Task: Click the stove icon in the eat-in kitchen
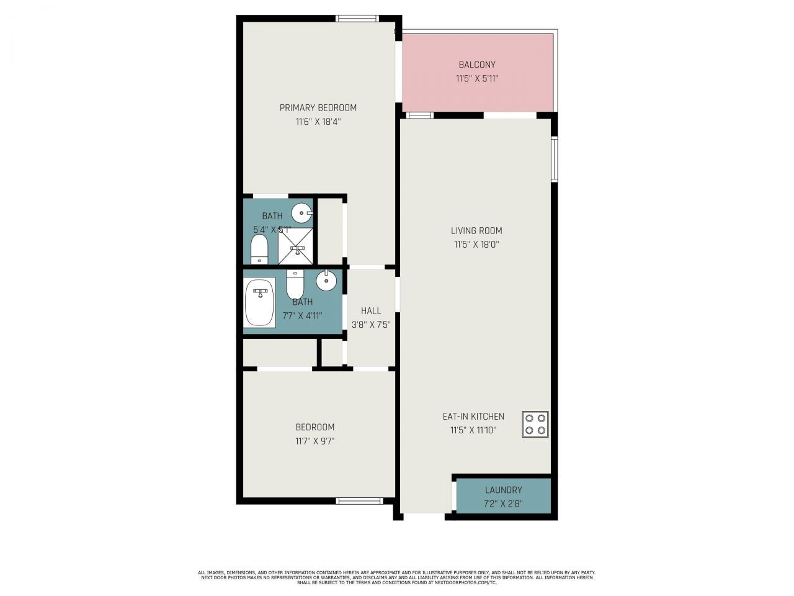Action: (535, 425)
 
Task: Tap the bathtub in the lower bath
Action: (260, 302)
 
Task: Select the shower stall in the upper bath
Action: (296, 246)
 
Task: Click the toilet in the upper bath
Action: (259, 249)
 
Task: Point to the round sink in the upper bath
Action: (301, 212)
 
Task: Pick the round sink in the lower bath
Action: (326, 281)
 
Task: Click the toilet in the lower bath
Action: (295, 285)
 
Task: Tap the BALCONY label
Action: (477, 65)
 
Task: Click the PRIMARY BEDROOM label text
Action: (318, 108)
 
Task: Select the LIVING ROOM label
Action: (476, 231)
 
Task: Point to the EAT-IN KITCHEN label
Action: (473, 417)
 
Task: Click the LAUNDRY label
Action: (503, 490)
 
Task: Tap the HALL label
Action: (371, 310)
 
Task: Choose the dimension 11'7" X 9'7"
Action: (315, 441)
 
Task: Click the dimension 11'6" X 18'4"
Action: (318, 122)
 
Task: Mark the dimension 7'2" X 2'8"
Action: (503, 503)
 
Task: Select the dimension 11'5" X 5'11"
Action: (477, 79)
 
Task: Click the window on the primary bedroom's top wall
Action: (357, 19)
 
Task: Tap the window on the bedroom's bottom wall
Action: (359, 500)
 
